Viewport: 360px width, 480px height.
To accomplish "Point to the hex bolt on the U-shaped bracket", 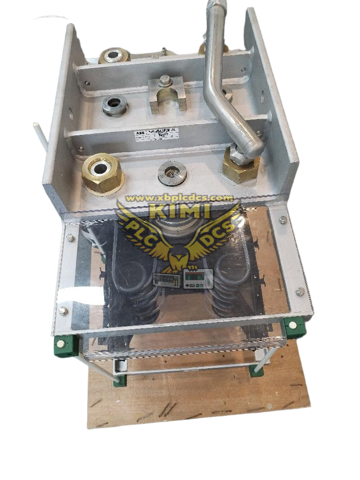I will point(165,82).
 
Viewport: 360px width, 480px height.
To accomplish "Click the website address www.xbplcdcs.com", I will point(178,198).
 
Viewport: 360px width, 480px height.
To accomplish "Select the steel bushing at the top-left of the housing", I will point(114,56).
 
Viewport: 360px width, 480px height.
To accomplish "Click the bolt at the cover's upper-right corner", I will point(283,220).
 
